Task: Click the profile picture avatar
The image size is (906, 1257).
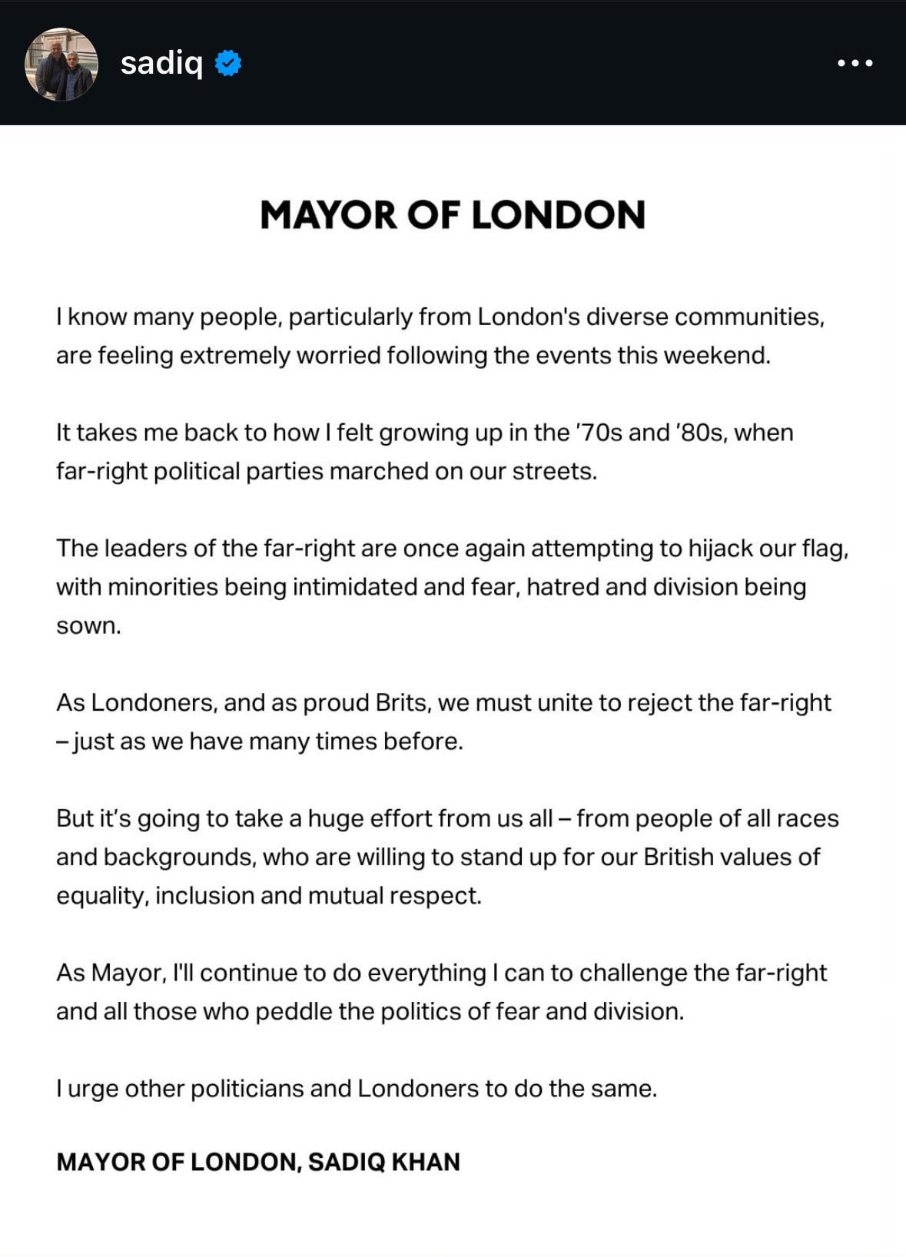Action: click(x=61, y=64)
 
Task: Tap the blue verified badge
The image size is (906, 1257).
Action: click(x=228, y=63)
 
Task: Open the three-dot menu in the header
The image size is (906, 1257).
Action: click(x=855, y=63)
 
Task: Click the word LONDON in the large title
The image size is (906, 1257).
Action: click(x=558, y=215)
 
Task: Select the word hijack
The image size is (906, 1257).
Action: click(x=721, y=549)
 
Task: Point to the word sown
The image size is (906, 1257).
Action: click(x=88, y=626)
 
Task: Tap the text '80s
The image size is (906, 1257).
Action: click(x=699, y=433)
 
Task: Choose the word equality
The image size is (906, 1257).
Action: click(x=101, y=897)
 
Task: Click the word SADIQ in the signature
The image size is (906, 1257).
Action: click(x=346, y=1162)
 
